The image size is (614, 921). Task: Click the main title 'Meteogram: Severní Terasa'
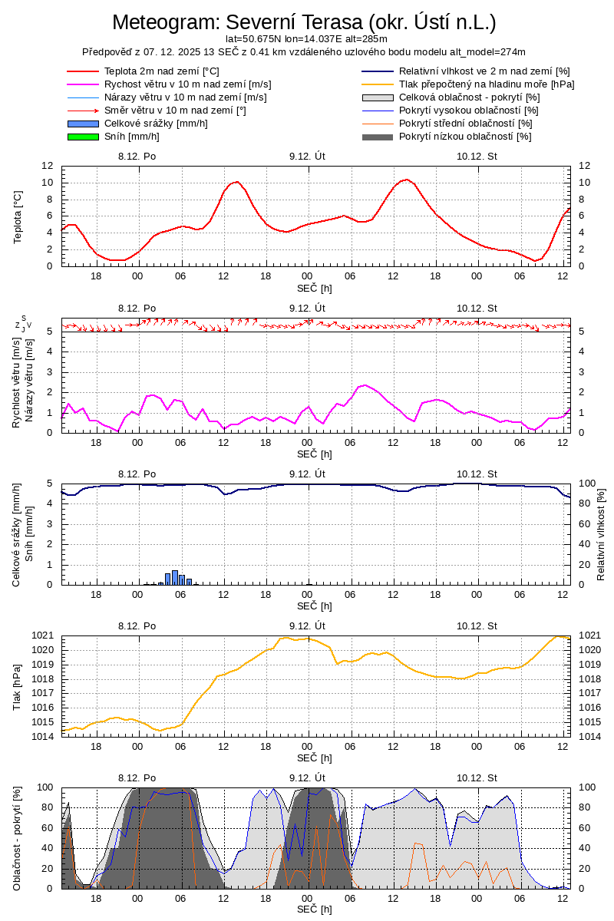point(304,21)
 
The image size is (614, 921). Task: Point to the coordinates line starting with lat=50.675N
point(306,38)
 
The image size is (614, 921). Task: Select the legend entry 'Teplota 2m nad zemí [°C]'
point(161,71)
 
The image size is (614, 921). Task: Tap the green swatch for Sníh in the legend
point(83,137)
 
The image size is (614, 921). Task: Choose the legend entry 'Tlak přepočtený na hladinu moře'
point(487,84)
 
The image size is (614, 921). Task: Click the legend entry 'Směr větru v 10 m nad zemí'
point(175,111)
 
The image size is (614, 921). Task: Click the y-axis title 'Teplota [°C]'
point(18,216)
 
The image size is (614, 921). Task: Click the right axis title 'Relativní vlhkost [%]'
point(601,533)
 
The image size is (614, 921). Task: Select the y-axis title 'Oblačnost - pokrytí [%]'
point(17,838)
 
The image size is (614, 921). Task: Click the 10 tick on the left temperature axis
point(47,183)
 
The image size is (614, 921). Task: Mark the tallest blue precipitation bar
point(175,577)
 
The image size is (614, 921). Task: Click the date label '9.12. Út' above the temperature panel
point(307,156)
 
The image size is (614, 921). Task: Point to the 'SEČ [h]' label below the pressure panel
point(315,758)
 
